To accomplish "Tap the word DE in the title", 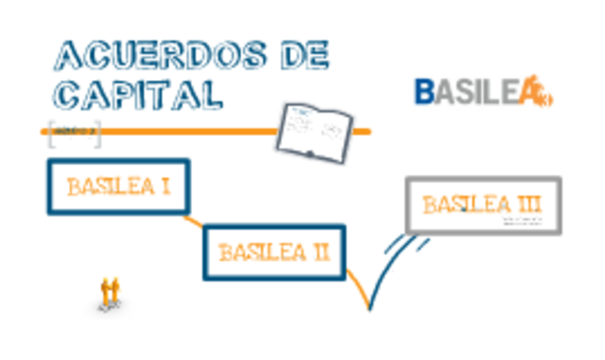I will (303, 56).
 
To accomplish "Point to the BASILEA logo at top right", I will (482, 93).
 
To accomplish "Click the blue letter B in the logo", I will (425, 92).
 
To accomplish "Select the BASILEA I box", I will (118, 186).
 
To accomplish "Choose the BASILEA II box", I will (273, 252).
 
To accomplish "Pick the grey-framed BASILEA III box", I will (483, 205).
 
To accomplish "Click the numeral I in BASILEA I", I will (164, 186).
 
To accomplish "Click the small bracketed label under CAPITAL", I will (74, 132).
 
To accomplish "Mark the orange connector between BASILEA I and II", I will (194, 223).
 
